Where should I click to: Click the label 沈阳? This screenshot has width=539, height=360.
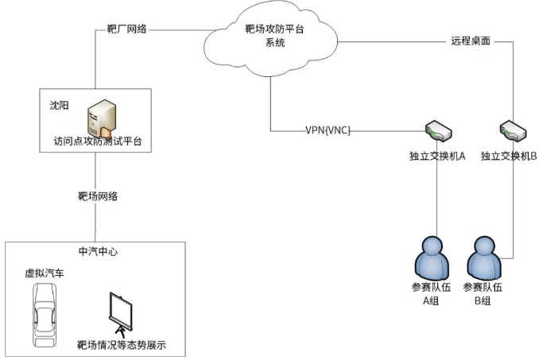(60, 104)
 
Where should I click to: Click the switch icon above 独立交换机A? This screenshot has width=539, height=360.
(436, 128)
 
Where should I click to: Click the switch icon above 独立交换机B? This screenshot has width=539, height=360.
(510, 128)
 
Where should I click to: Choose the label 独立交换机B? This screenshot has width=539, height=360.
(510, 157)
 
